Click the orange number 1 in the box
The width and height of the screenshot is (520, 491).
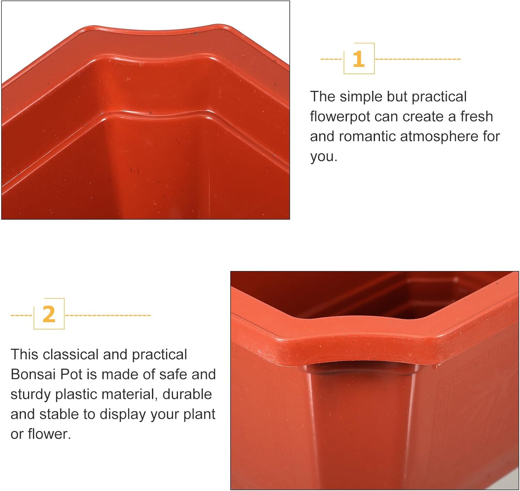pyautogui.click(x=359, y=59)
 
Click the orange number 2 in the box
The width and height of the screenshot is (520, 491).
pyautogui.click(x=49, y=314)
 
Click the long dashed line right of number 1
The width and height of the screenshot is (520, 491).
pyautogui.click(x=418, y=59)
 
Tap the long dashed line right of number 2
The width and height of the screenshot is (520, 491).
pyautogui.click(x=108, y=315)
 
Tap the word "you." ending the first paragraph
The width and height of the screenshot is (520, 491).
pyautogui.click(x=323, y=157)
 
